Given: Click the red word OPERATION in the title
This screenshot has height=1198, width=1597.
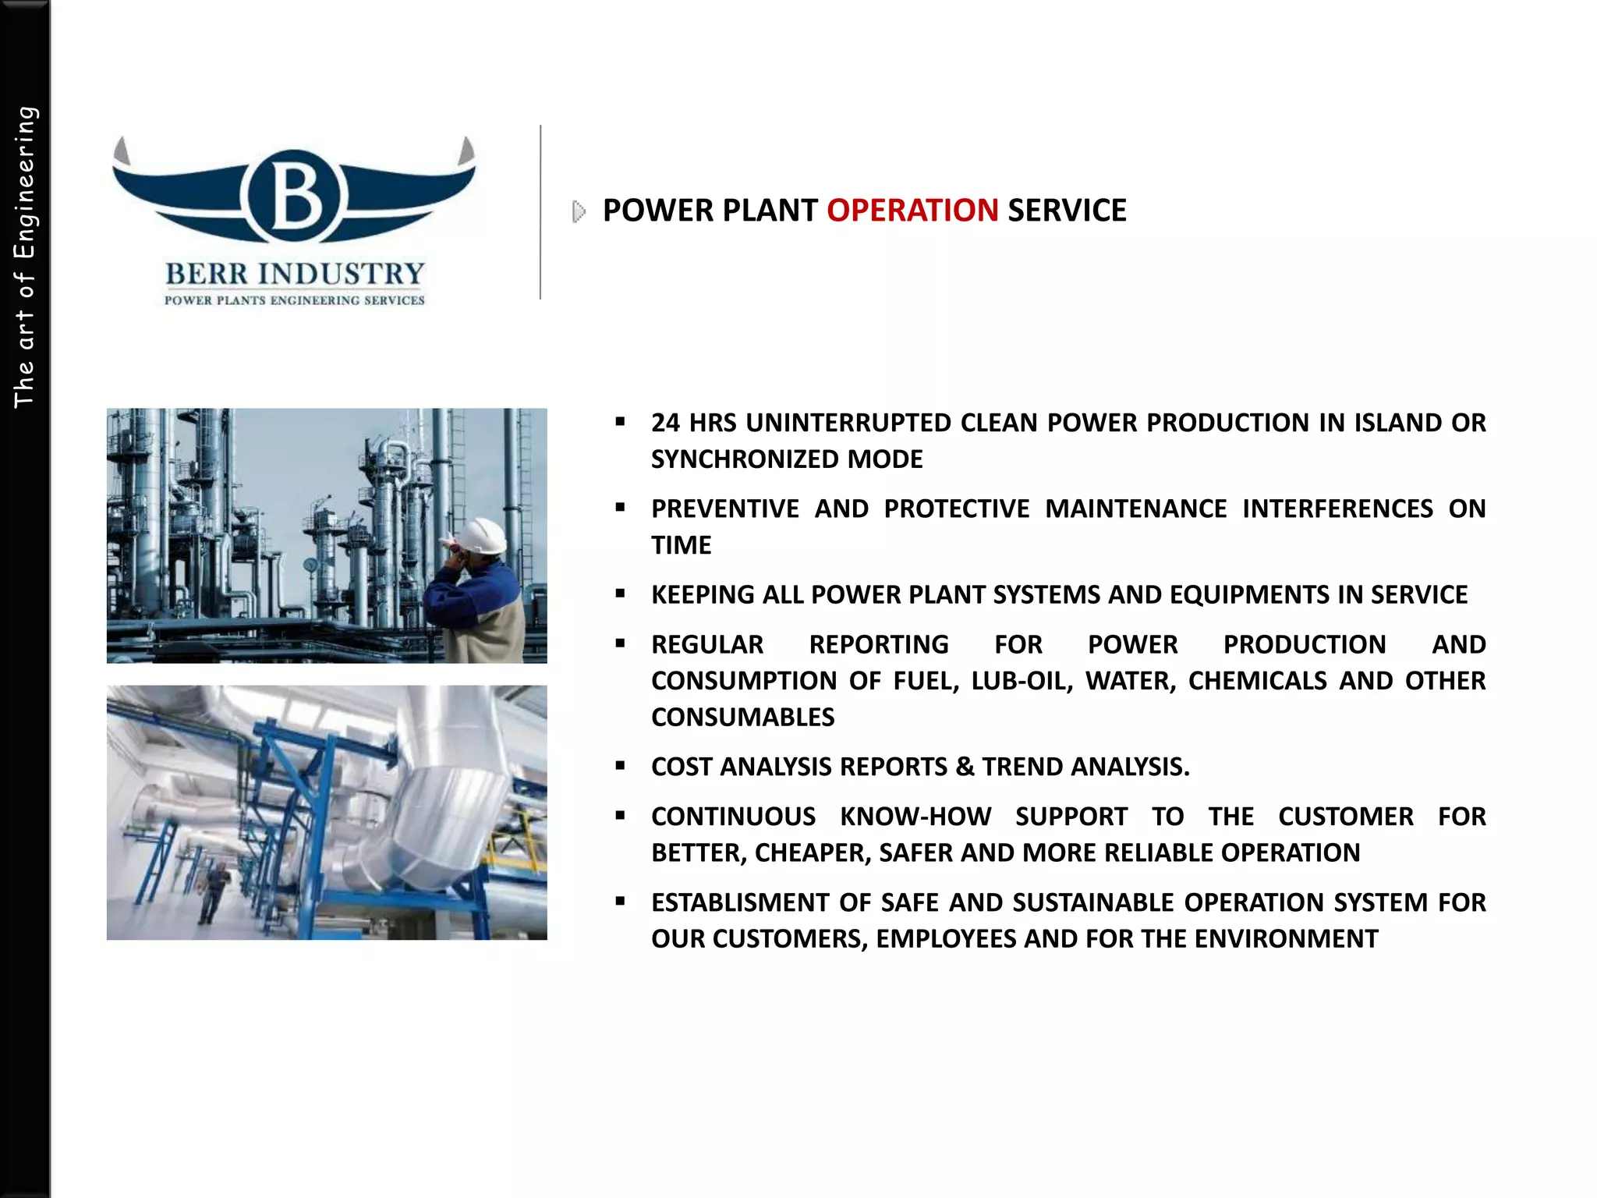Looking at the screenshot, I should [912, 211].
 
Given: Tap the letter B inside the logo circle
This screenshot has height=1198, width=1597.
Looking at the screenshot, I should [295, 196].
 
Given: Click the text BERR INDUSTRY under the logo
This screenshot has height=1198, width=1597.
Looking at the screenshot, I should [295, 275].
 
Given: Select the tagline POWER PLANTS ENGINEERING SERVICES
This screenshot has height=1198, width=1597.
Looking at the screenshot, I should [295, 300].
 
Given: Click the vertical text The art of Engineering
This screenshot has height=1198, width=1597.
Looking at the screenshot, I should [25, 257].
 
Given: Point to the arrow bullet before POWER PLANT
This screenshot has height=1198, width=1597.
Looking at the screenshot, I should [579, 211].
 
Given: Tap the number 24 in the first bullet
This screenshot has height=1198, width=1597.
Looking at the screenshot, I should [665, 423].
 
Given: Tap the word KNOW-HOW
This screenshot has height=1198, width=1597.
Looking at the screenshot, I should [915, 817].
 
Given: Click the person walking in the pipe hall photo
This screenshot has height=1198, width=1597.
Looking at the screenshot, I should [213, 893].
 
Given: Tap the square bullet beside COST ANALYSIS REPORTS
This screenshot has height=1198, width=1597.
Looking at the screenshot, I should [621, 766].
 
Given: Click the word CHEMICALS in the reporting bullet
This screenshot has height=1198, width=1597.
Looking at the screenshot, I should [1257, 681].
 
